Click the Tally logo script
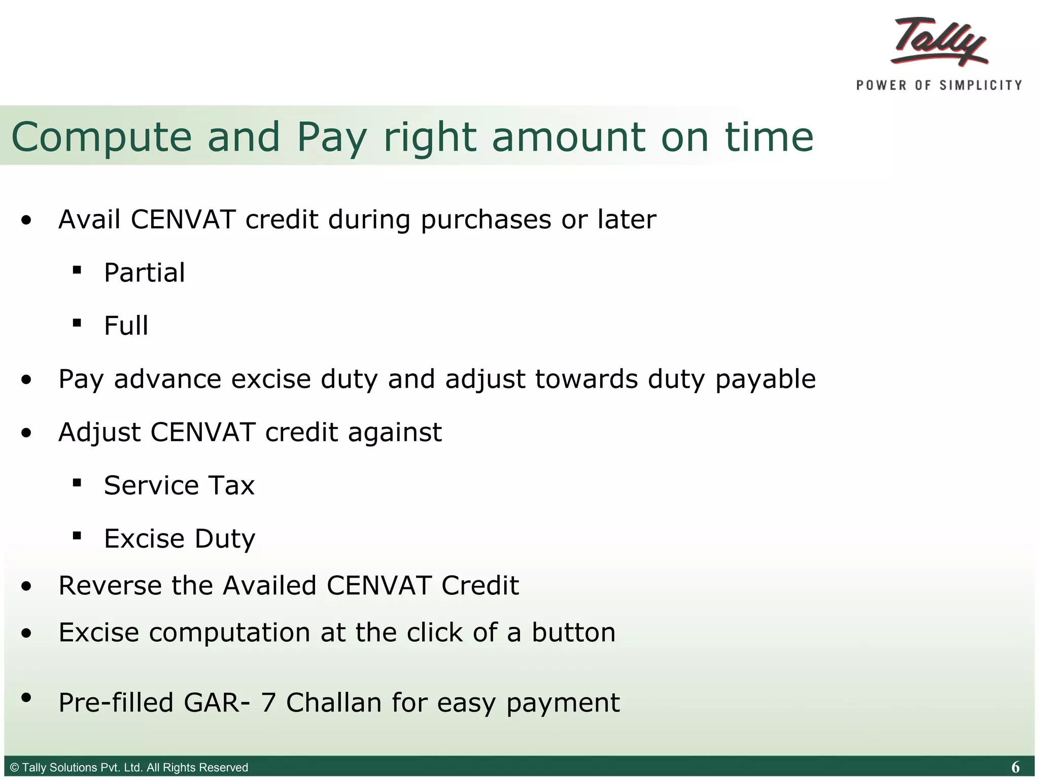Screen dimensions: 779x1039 [x=940, y=42]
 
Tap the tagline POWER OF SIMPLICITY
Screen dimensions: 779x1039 [x=939, y=85]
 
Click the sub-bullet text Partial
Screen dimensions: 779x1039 [x=145, y=273]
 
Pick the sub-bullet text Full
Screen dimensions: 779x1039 [x=126, y=326]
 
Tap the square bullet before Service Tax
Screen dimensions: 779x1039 [x=77, y=482]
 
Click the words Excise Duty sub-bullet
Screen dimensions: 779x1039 [x=180, y=539]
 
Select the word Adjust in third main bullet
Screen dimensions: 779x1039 [x=99, y=433]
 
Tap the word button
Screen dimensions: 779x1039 [x=573, y=633]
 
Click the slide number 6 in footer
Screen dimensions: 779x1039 [x=1015, y=767]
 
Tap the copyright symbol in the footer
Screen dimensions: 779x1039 [x=15, y=767]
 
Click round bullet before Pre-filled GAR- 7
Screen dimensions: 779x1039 [x=26, y=697]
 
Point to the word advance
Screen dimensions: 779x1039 [x=167, y=379]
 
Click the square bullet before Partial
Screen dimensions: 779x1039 [x=77, y=270]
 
